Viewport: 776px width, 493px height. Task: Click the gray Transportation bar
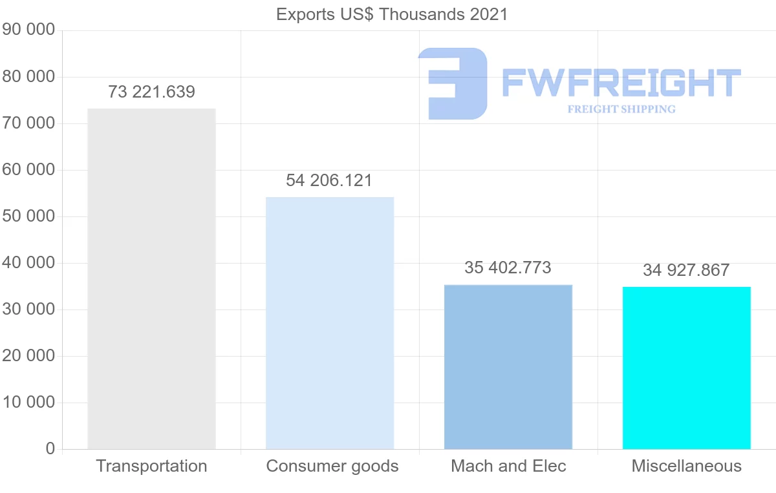151,278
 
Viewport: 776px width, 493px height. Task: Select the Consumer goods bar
330,322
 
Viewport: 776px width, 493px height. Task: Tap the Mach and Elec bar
508,366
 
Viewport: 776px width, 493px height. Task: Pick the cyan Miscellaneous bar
686,368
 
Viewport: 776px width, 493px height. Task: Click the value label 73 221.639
151,92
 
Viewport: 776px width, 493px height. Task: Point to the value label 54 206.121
329,180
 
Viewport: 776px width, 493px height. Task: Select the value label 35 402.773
508,267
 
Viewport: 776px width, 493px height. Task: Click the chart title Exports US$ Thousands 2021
392,14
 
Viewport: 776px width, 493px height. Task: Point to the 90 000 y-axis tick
28,30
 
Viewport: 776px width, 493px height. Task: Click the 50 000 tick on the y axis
28,216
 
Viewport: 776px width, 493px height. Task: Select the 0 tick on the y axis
50,448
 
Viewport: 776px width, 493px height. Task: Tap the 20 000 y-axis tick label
28,356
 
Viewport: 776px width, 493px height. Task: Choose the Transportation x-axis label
151,466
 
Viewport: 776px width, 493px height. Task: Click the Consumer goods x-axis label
332,466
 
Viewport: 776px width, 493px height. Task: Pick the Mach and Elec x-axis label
508,466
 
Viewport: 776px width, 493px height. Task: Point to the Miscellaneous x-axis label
686,466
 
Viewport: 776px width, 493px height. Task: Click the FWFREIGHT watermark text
621,83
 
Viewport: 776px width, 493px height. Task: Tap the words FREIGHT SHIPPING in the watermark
621,109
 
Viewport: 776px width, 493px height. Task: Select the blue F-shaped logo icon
453,83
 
